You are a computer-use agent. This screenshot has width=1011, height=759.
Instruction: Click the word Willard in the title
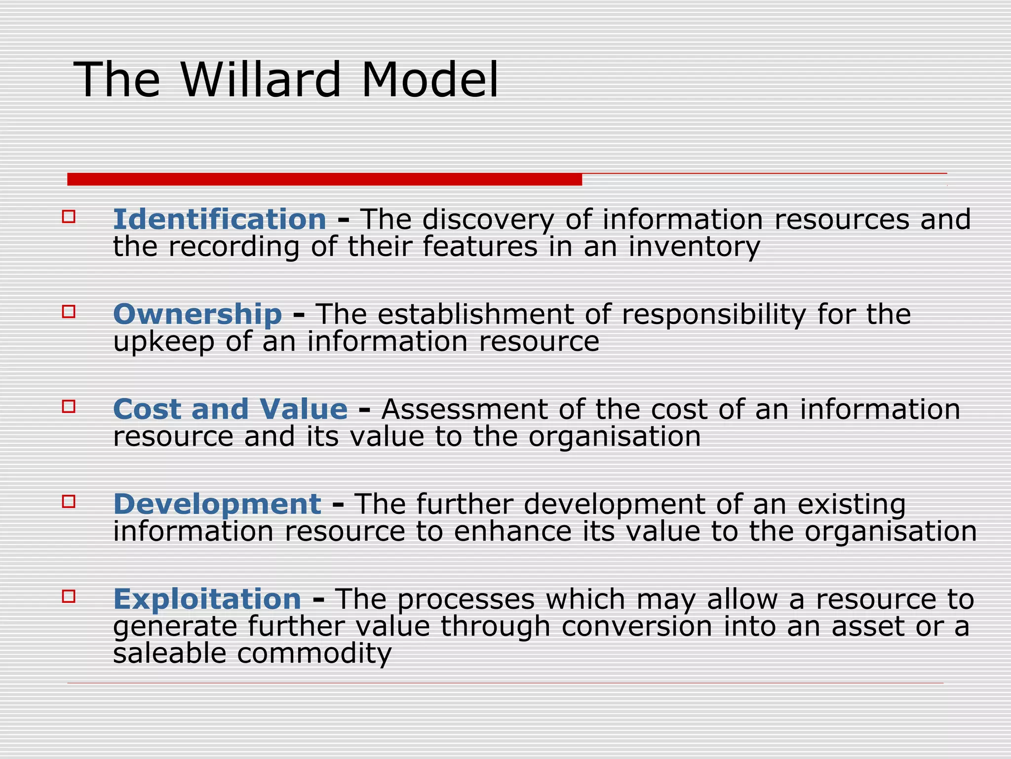[261, 80]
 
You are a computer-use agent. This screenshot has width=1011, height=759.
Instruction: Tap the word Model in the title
[430, 80]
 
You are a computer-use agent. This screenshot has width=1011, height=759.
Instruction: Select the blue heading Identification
[220, 219]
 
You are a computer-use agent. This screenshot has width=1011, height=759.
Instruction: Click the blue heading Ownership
[197, 314]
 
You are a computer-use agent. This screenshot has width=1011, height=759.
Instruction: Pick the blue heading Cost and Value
[230, 409]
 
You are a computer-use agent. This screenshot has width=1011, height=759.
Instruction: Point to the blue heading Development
[217, 504]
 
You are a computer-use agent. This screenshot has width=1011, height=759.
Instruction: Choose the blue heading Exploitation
[207, 599]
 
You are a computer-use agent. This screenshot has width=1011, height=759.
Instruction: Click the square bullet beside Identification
[69, 216]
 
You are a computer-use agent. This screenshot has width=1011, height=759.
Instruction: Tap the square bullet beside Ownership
[69, 311]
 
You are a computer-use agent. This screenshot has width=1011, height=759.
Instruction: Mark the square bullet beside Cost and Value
[69, 406]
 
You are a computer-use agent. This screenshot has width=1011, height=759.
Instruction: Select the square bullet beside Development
[69, 501]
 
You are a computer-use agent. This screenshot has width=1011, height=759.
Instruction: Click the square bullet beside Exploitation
[69, 596]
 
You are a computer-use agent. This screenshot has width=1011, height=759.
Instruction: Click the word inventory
[694, 247]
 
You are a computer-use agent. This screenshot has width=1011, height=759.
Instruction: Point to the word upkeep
[164, 342]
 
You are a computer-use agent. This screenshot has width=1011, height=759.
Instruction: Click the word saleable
[169, 653]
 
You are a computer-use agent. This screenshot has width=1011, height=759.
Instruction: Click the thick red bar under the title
[324, 179]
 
